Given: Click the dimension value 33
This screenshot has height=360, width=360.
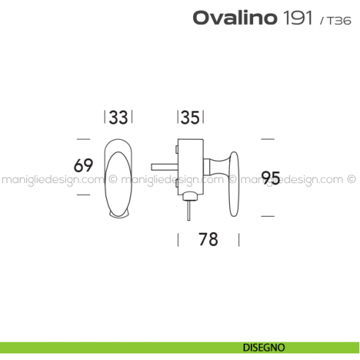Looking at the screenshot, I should tap(119, 117).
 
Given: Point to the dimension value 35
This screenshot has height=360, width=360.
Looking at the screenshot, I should tap(190, 117).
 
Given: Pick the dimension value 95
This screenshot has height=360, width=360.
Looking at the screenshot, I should tap(271, 177).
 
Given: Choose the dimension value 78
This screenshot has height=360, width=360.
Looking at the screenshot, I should tap(208, 239).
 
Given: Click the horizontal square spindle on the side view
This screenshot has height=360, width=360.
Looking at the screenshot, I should tap(162, 165).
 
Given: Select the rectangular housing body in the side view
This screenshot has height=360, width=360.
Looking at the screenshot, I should tap(190, 165).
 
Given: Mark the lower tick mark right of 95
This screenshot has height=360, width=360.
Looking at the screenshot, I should tap(269, 217).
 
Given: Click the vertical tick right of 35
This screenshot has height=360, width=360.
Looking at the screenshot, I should tap(203, 117).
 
